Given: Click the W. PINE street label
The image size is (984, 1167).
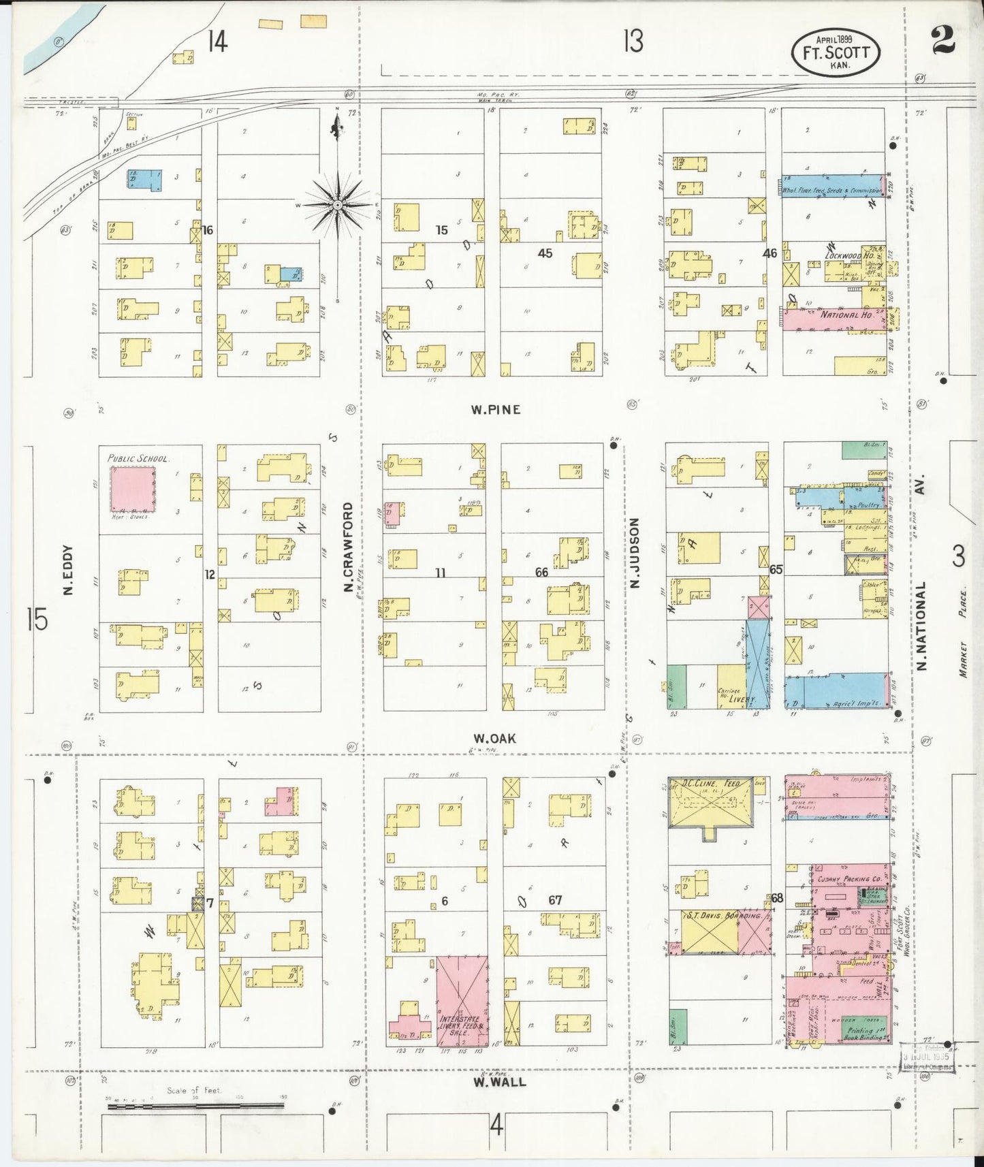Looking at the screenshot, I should click(x=495, y=409).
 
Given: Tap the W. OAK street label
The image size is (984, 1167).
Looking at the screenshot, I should click(x=495, y=738).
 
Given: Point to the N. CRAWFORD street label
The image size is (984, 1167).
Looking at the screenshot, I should click(x=348, y=547).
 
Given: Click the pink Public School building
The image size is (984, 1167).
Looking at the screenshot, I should click(x=133, y=489).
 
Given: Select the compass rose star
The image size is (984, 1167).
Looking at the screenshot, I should click(x=337, y=204).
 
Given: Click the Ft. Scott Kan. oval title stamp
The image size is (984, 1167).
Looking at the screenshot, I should click(x=835, y=52).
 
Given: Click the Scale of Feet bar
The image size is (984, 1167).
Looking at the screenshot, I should click(x=195, y=1106).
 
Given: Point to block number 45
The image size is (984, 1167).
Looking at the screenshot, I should click(x=545, y=253).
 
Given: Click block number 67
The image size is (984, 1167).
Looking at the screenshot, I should click(x=555, y=900).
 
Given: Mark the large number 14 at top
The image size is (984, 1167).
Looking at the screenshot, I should click(x=217, y=42).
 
